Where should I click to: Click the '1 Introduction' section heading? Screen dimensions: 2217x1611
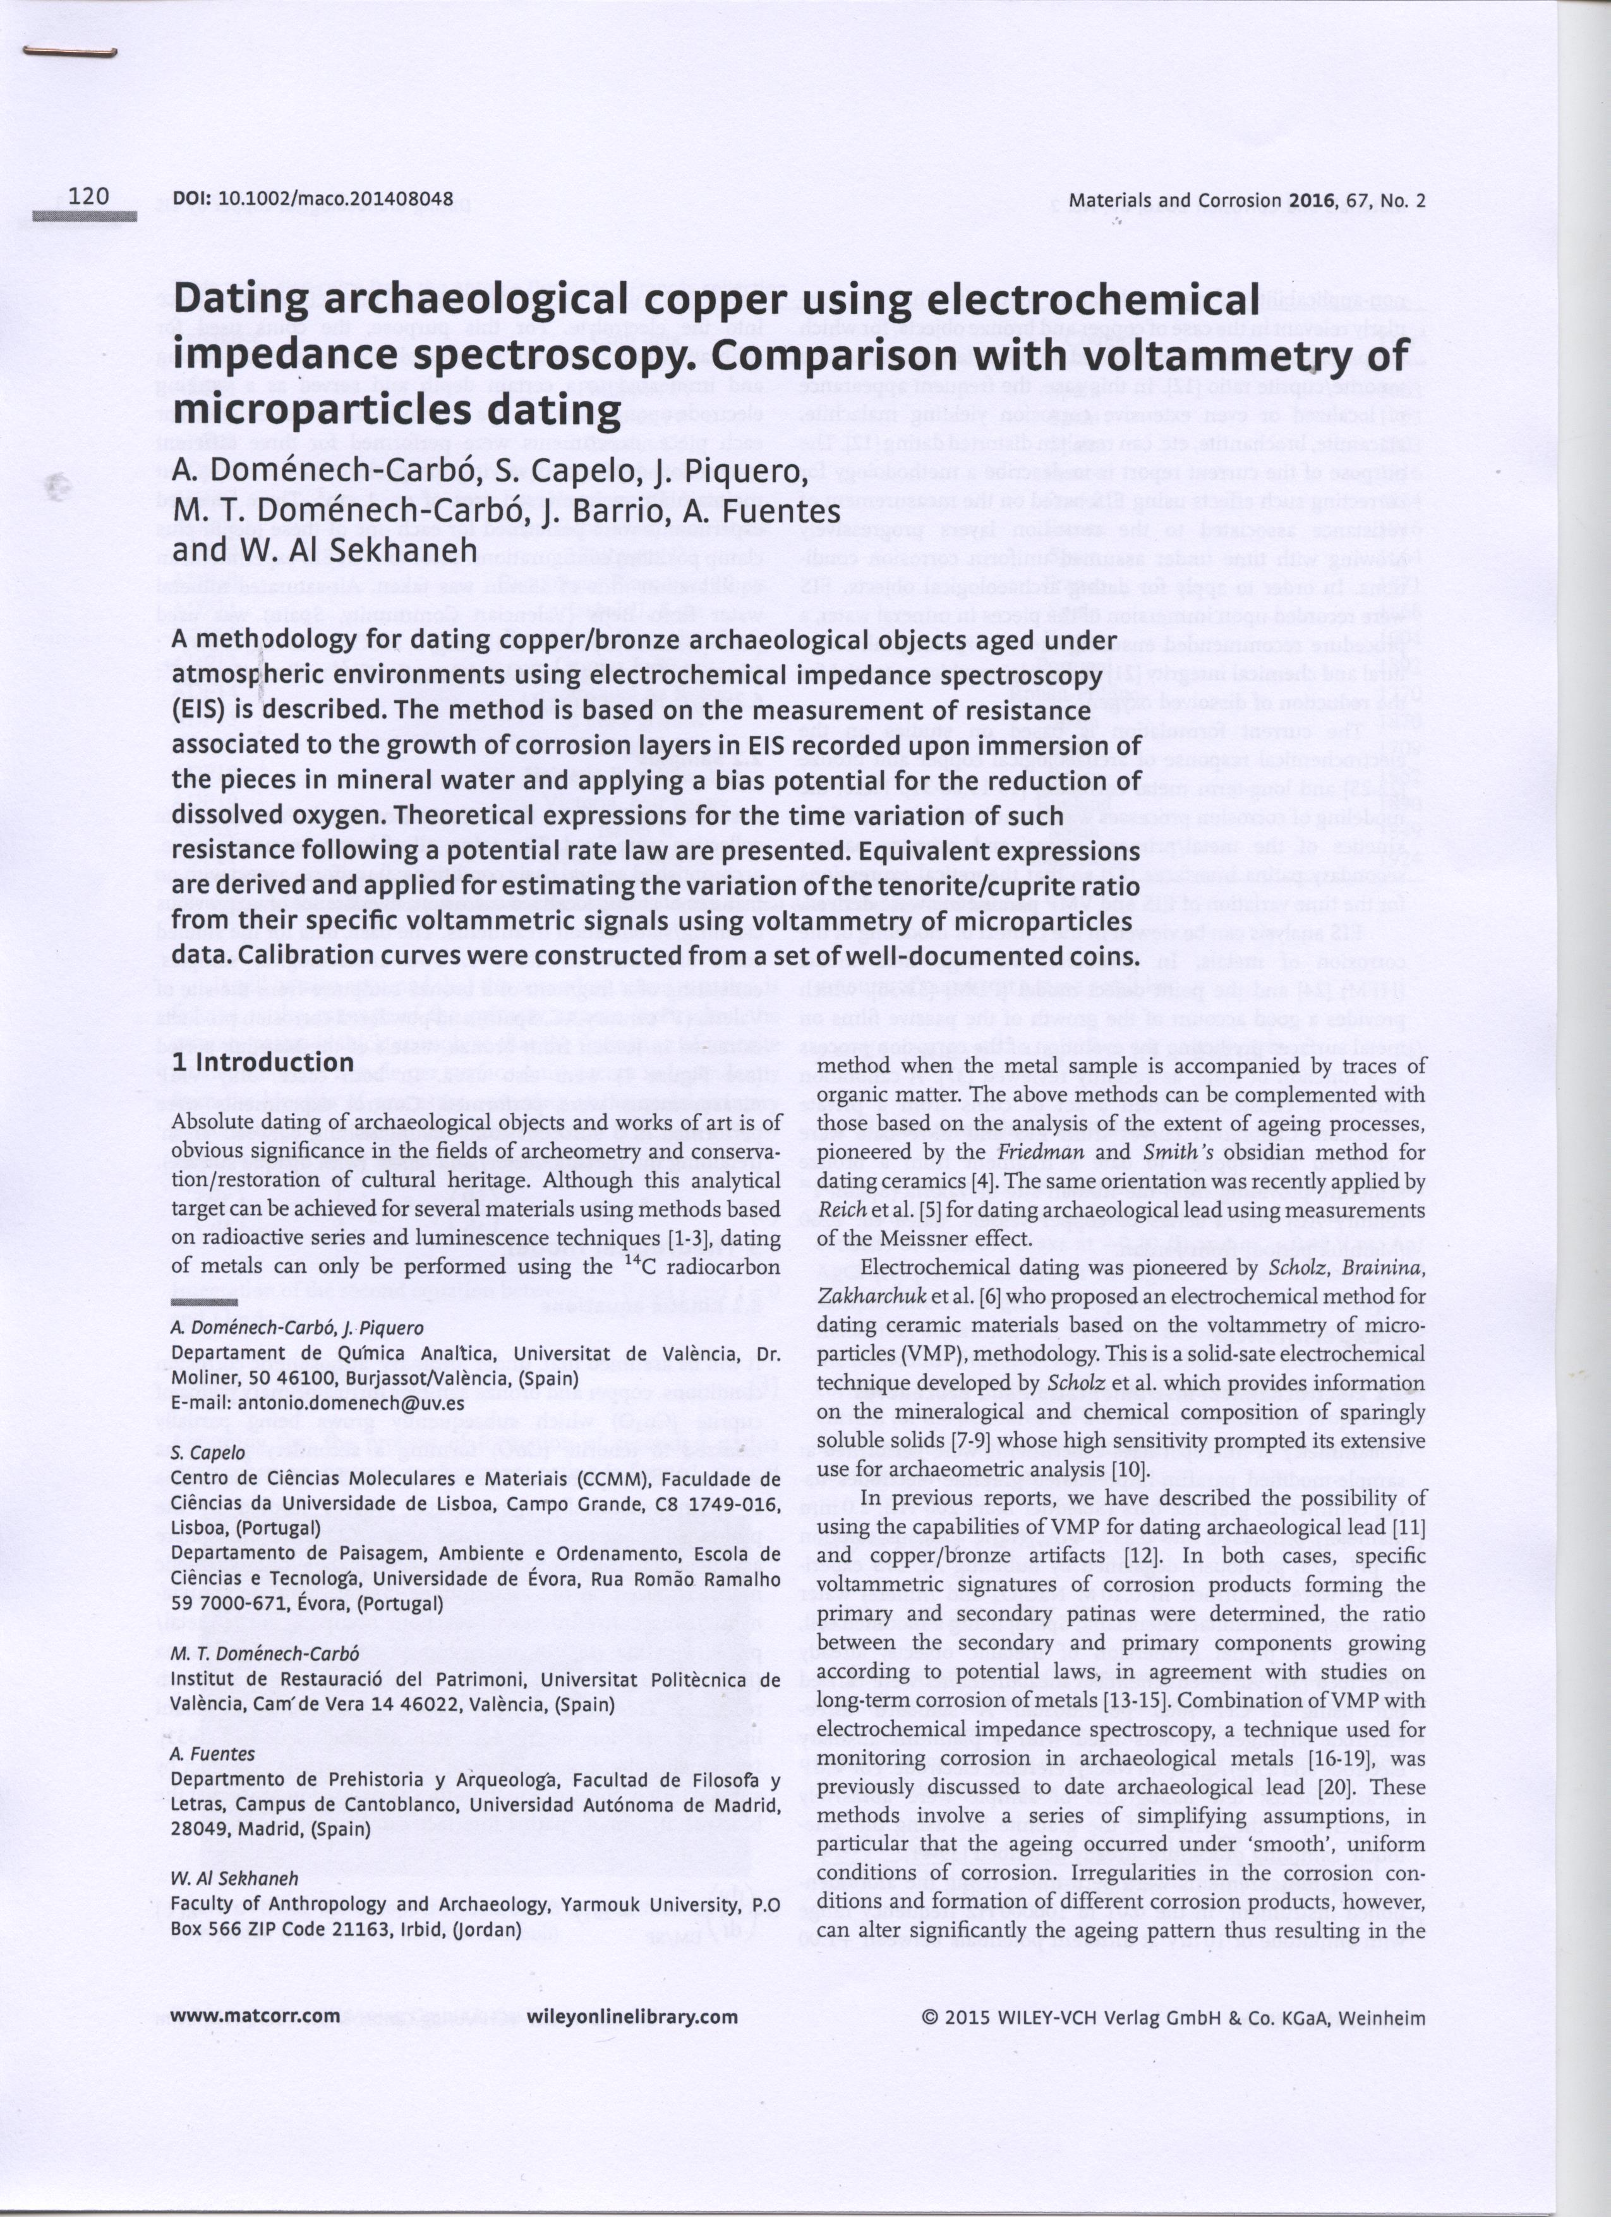(x=262, y=1062)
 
